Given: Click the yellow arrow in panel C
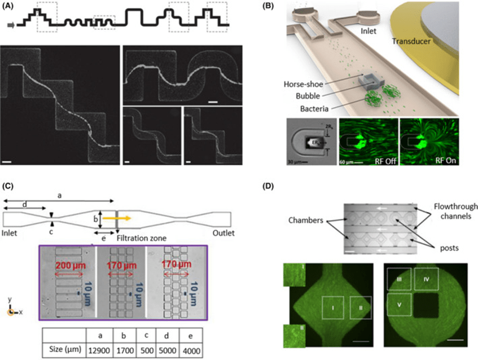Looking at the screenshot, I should click(124, 217).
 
